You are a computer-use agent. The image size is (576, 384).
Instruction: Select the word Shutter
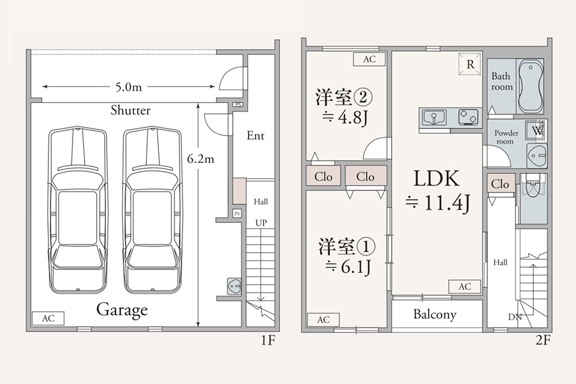click(131, 110)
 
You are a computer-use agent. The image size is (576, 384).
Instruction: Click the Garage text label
click(122, 310)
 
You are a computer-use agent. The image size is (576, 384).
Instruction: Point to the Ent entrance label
click(255, 136)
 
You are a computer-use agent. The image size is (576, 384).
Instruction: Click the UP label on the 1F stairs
click(261, 223)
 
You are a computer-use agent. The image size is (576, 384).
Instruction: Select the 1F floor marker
click(267, 340)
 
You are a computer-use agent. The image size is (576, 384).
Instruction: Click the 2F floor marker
click(543, 340)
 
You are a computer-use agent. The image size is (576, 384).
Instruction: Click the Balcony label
click(434, 315)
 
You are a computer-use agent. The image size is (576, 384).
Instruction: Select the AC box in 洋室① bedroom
click(323, 320)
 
